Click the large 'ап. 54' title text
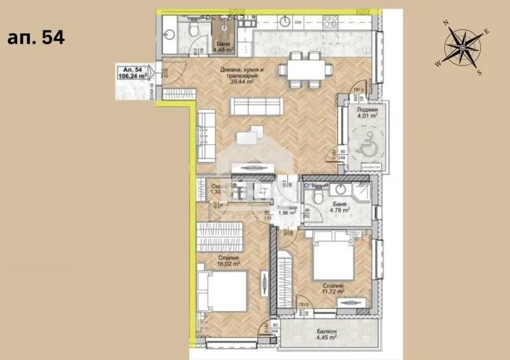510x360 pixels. [x=36, y=38]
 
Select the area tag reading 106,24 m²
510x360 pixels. [x=130, y=73]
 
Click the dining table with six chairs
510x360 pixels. [x=303, y=68]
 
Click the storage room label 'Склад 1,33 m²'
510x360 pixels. [x=219, y=189]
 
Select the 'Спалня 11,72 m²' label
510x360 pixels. [x=333, y=289]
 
